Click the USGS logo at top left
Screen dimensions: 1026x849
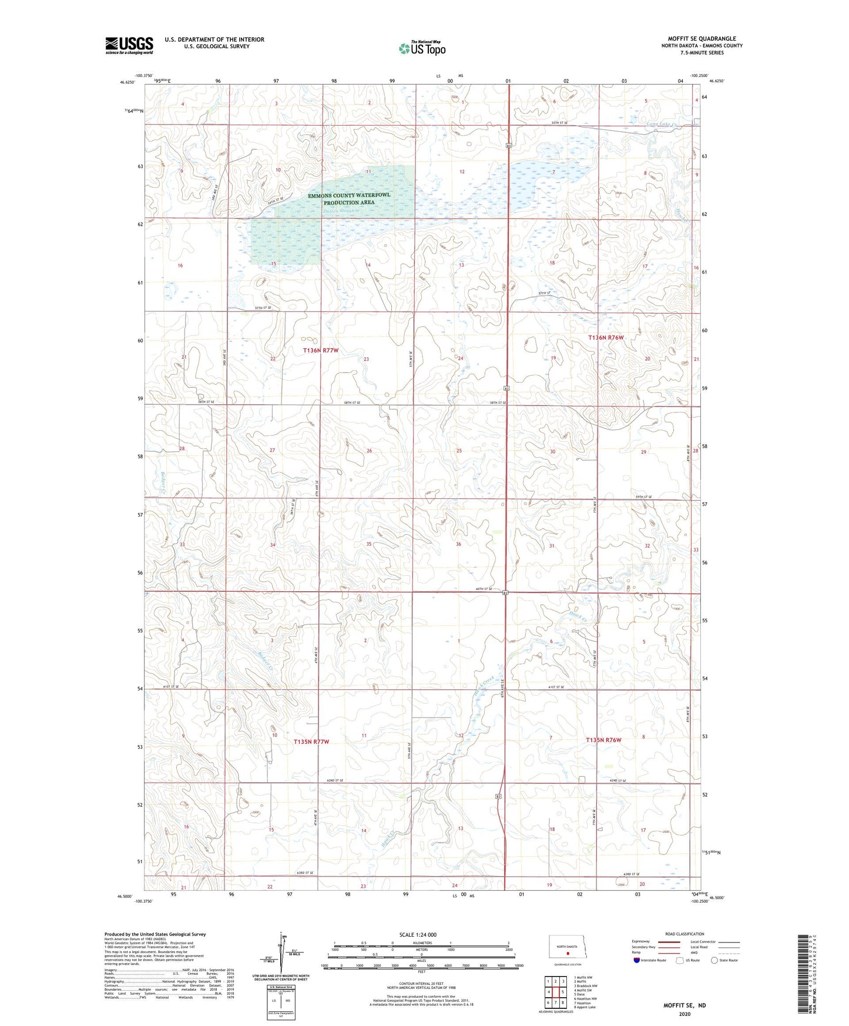click(129, 45)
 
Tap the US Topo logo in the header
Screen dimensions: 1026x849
click(422, 48)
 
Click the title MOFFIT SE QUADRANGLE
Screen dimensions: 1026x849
click(702, 39)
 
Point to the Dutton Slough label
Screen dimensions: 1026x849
click(339, 210)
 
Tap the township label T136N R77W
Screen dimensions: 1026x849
click(321, 350)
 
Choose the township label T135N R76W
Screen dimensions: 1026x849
click(603, 740)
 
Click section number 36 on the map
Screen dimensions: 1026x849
click(458, 544)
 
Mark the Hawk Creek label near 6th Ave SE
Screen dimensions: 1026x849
click(485, 684)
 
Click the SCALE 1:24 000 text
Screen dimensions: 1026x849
click(418, 934)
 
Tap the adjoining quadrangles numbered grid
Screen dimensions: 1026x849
click(555, 993)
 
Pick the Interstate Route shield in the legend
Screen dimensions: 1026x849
click(637, 960)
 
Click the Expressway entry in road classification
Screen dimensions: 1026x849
click(641, 941)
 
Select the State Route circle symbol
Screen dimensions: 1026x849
click(714, 960)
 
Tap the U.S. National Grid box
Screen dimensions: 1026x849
click(280, 1000)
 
